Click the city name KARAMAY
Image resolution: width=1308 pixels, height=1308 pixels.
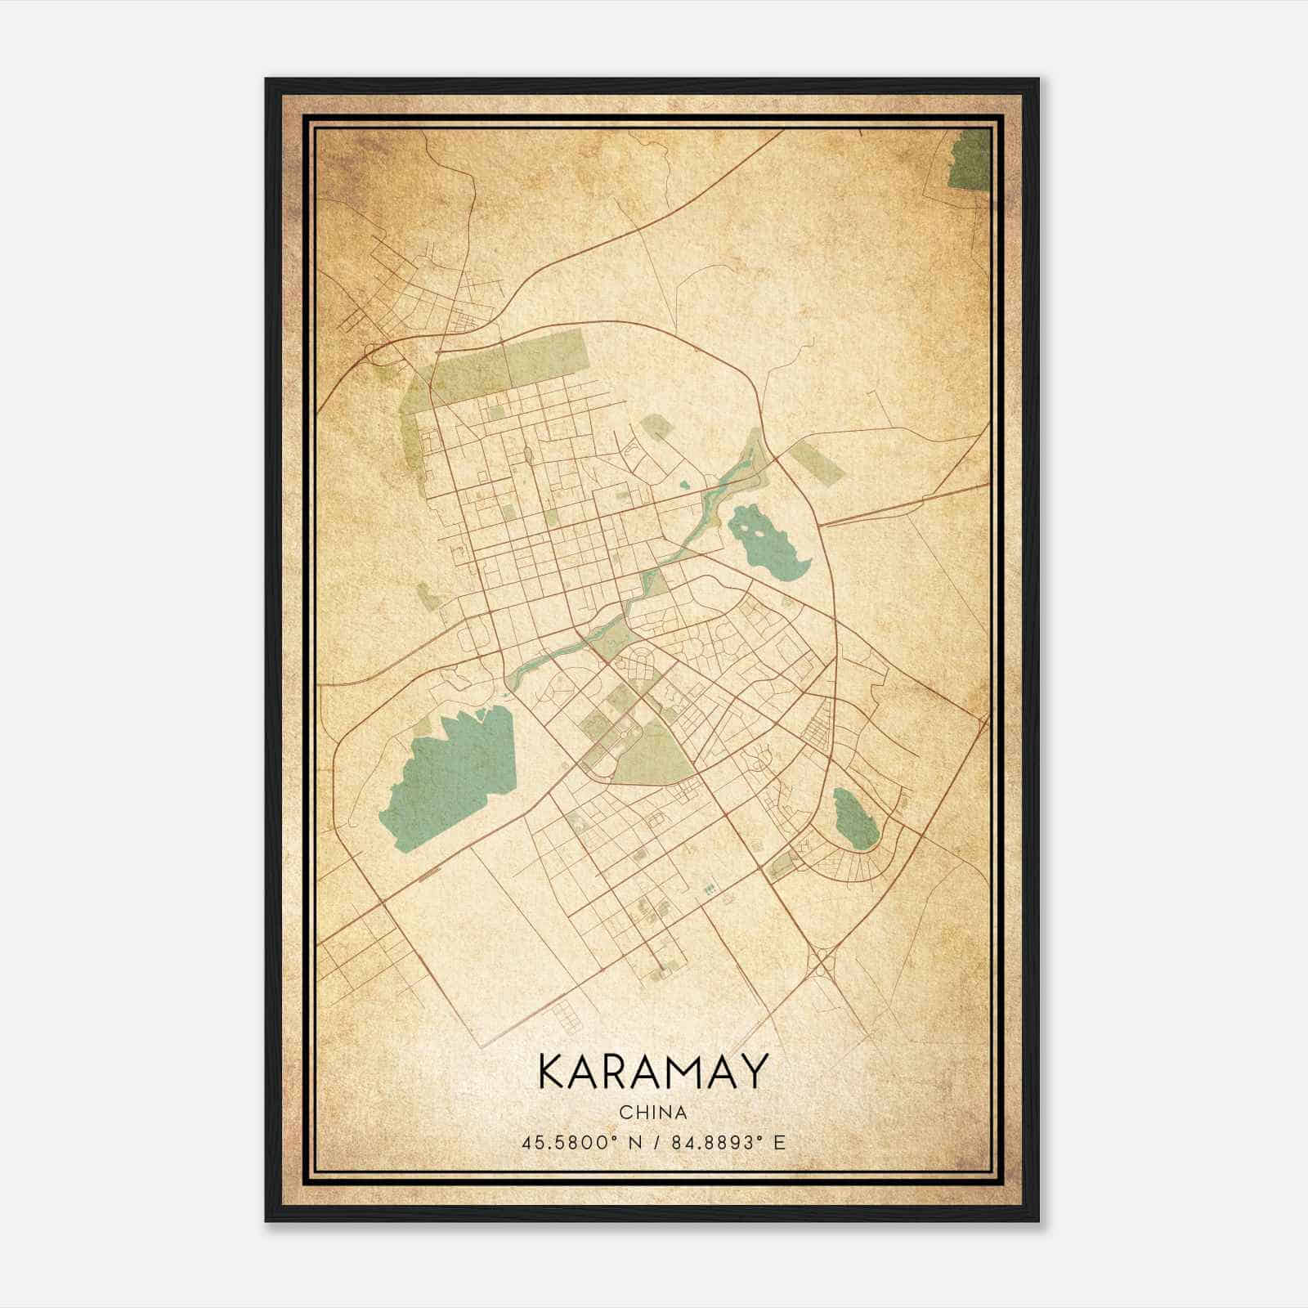coord(653,1072)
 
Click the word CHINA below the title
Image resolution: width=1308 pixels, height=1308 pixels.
coord(653,1113)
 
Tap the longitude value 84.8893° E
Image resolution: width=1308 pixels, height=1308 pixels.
coord(728,1142)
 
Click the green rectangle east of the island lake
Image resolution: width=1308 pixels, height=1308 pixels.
coord(815,463)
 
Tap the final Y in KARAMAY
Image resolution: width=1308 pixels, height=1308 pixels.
coord(754,1072)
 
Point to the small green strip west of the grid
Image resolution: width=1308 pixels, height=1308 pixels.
coord(428,597)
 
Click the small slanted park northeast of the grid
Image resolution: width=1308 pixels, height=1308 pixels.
coord(657,430)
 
